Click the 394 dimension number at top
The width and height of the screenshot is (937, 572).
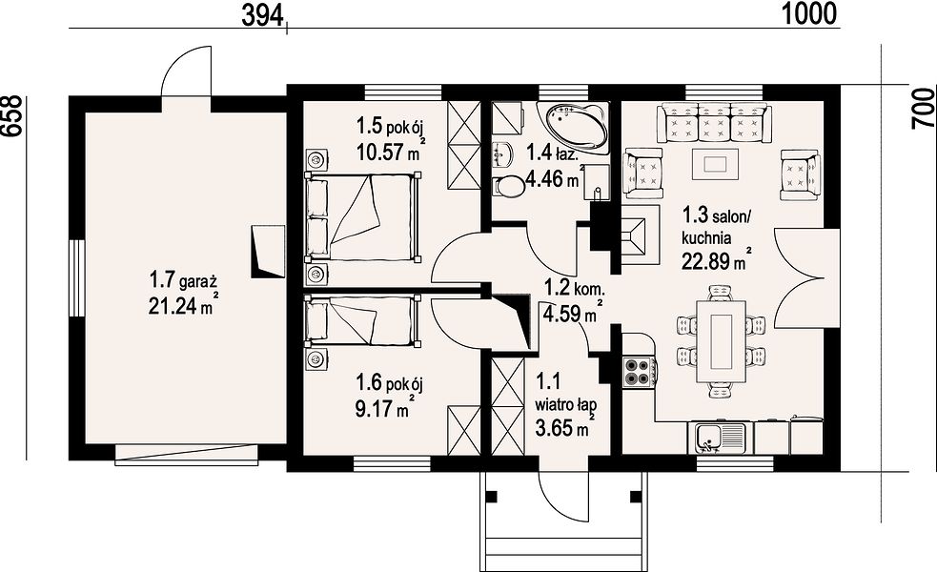[262, 13]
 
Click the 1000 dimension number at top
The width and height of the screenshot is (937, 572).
[809, 13]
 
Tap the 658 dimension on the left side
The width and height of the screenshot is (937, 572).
[13, 116]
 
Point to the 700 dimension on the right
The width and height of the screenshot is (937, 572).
[924, 108]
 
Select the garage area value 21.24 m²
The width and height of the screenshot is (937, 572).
[182, 305]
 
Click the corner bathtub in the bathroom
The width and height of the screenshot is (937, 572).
[573, 128]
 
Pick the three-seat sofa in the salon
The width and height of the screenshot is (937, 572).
[715, 123]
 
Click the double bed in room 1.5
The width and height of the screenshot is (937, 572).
[362, 217]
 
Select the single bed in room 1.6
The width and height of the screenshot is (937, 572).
[362, 320]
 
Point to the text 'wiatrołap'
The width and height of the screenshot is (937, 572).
[565, 405]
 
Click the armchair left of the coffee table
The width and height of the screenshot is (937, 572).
[642, 174]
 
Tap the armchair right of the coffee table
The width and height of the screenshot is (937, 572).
[800, 174]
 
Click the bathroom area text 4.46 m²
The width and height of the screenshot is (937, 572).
[554, 177]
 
